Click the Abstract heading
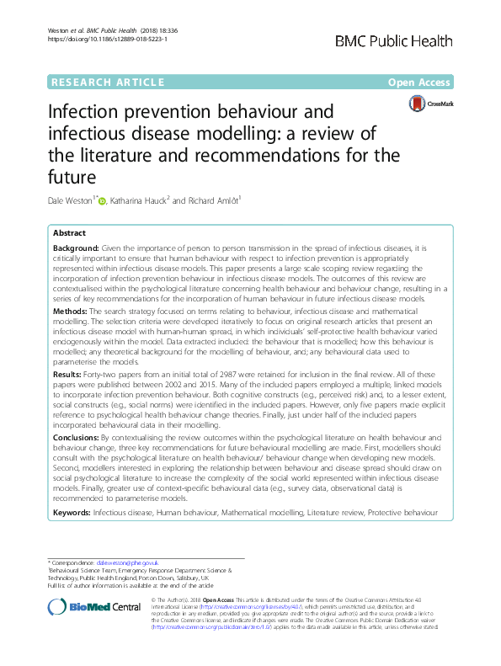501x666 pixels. tap(69, 233)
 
